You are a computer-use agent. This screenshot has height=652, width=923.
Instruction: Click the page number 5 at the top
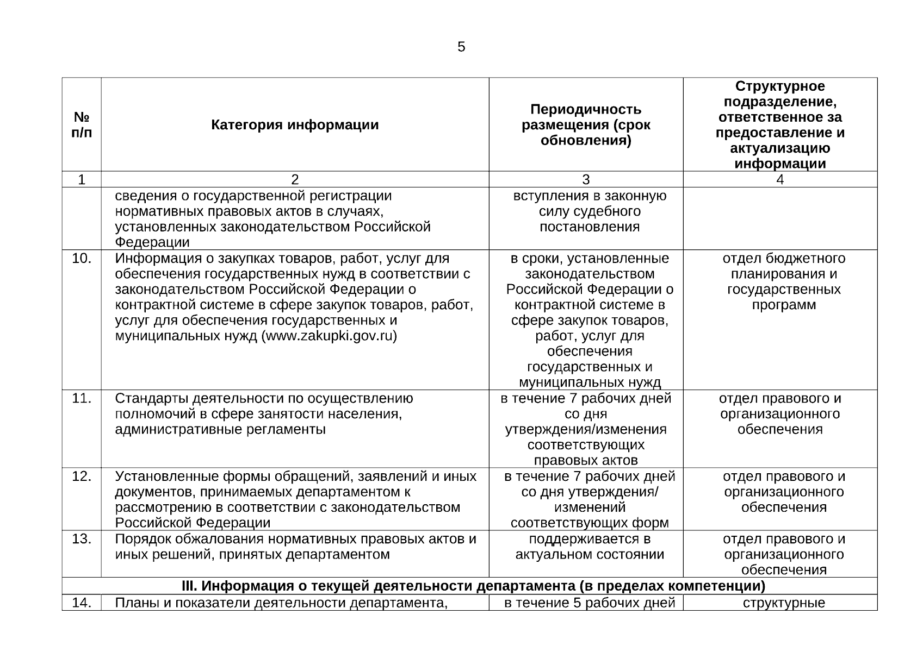pos(461,47)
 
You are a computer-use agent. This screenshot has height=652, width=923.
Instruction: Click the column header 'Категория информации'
pos(295,125)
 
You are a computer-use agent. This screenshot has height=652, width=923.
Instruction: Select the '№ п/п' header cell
pos(82,125)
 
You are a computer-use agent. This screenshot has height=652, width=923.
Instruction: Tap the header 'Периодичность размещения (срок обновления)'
pos(586,125)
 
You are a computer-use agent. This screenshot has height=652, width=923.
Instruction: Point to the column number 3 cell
pos(586,180)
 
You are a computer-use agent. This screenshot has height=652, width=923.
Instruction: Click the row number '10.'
pos(82,259)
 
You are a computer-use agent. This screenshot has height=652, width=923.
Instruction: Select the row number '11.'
pos(82,398)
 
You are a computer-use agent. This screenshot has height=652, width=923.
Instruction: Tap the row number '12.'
pos(82,477)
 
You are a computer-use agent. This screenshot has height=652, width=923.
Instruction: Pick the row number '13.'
pos(82,539)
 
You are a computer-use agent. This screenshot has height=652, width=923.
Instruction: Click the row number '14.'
pos(82,603)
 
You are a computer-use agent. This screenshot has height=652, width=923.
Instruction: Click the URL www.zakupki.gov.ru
pos(330,336)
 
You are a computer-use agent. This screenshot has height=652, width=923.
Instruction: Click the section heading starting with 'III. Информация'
pos(473,586)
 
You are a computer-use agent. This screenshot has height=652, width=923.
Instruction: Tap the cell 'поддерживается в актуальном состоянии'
pos(590,547)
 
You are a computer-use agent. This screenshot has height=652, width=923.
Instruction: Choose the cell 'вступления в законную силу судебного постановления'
pos(590,211)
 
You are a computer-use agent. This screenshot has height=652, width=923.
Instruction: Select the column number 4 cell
pos(780,180)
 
